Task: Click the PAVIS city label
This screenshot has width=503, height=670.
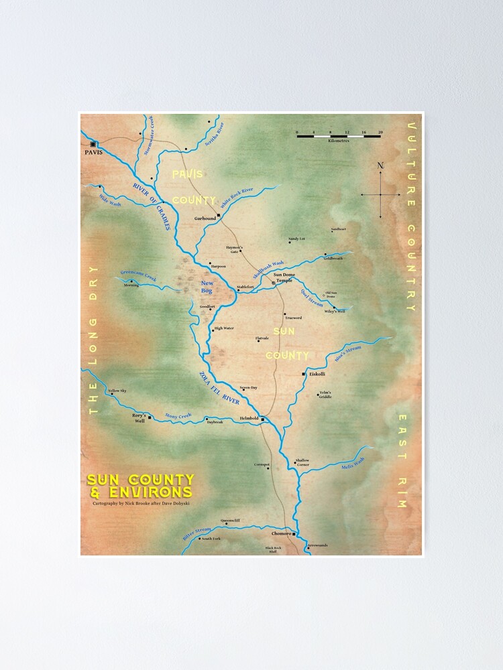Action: coord(92,153)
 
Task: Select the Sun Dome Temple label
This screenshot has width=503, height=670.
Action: coord(284,277)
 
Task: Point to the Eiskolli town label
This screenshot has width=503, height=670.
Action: coord(317,375)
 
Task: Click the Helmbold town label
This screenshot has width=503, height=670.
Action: coord(249,419)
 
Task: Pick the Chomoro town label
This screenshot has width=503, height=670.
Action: coord(281,534)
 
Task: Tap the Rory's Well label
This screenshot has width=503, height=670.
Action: coord(139,419)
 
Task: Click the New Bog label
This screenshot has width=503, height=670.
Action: coord(207,287)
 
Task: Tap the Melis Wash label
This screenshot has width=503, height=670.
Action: coord(353,462)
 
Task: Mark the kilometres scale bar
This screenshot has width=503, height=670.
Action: coord(339,135)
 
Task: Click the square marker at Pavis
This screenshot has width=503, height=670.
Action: coord(94,143)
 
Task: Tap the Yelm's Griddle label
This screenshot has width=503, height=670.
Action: coord(325,395)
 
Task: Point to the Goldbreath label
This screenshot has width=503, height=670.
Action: coord(333,258)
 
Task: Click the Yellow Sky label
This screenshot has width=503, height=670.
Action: coord(117,391)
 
